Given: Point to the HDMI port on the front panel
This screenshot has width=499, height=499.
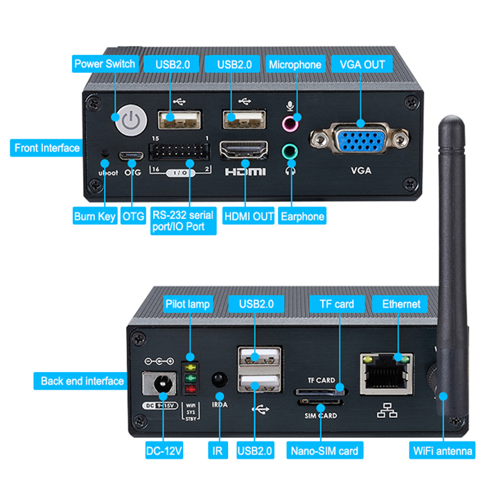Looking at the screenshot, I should tap(244, 149).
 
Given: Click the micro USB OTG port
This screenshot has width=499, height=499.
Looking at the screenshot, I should tap(129, 156).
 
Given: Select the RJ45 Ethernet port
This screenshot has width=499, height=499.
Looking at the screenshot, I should tap(383, 376).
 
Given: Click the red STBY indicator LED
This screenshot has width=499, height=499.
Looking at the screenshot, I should tap(190, 389).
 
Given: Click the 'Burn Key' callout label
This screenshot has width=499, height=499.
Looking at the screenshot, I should tap(94, 216).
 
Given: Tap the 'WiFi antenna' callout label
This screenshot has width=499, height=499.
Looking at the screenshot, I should tap(443, 451).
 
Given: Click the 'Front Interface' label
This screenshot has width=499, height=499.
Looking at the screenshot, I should tap(46, 148).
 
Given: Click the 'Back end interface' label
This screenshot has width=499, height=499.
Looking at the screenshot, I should tap(82, 380).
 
